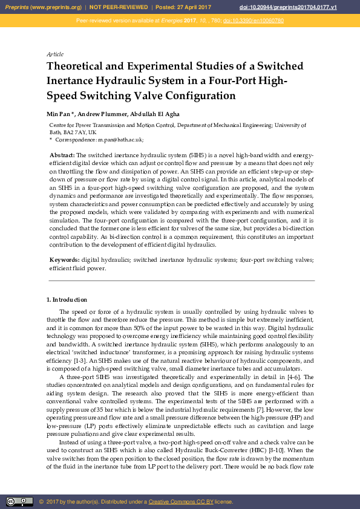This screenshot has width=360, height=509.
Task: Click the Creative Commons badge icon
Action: coord(19,502)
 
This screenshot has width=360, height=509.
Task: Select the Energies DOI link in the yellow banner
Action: coord(254,21)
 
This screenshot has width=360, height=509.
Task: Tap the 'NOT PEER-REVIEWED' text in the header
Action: coord(119,7)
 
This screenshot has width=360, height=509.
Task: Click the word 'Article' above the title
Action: coord(54,54)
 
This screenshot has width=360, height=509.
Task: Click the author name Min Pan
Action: coord(58,114)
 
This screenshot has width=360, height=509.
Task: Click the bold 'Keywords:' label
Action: coord(64,259)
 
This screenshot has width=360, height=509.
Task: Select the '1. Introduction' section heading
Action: coord(67,300)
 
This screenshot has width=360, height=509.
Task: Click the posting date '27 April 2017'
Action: coord(193,7)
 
